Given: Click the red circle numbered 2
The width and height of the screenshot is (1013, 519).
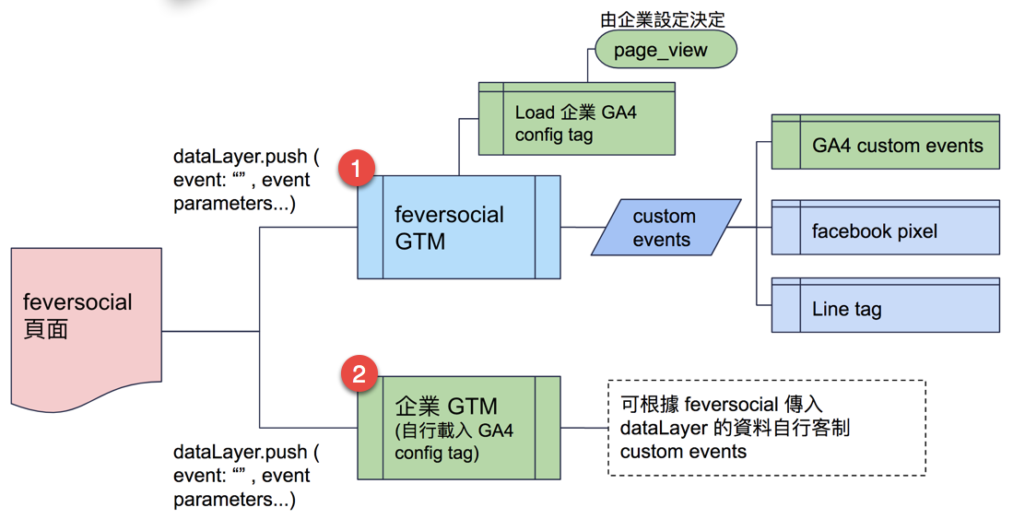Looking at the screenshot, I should [359, 374].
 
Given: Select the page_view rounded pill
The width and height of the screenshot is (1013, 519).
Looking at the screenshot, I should [666, 50].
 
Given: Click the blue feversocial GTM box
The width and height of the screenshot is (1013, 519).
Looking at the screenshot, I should [458, 228].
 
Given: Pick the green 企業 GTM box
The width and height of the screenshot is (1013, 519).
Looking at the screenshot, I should [458, 427].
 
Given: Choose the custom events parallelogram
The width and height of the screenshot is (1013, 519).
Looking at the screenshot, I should [664, 228].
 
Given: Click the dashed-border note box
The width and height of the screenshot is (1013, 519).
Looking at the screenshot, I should [766, 428].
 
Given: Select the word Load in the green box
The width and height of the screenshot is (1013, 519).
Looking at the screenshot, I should [535, 113].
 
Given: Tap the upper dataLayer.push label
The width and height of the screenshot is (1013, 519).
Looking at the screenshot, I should [245, 180].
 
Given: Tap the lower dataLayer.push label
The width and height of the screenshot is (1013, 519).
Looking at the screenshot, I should [245, 476].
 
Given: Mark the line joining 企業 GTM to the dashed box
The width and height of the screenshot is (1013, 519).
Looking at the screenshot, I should [583, 428].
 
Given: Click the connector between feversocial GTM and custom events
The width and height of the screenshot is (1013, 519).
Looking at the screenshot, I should [576, 227].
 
